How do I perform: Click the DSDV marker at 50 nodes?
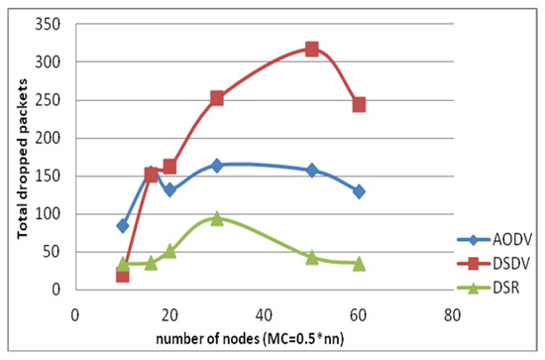pyautogui.click(x=311, y=49)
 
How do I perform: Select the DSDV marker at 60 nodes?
pyautogui.click(x=359, y=104)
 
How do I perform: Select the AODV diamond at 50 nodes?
pyautogui.click(x=311, y=171)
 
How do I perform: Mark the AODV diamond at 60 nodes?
pyautogui.click(x=359, y=191)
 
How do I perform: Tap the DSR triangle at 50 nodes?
pyautogui.click(x=311, y=257)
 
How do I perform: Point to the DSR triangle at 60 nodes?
pyautogui.click(x=359, y=264)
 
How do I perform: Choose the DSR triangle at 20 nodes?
pyautogui.click(x=169, y=251)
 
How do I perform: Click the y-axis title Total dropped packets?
pyautogui.click(x=21, y=160)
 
